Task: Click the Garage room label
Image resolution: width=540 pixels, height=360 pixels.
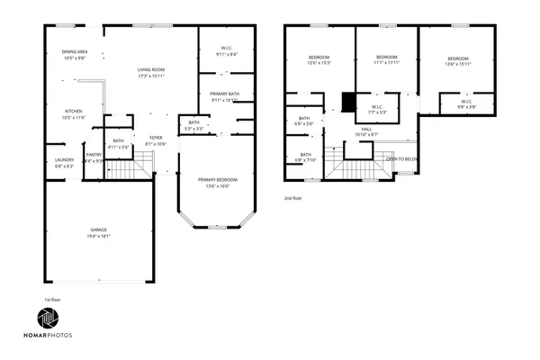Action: tap(99, 232)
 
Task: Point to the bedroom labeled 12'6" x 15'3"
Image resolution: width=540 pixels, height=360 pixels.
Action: tap(319, 60)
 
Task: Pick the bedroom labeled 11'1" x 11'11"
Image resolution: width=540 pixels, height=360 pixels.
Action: tap(387, 60)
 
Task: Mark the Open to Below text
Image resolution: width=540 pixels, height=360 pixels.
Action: tap(402, 158)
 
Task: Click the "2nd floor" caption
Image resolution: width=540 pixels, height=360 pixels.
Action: tap(293, 197)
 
